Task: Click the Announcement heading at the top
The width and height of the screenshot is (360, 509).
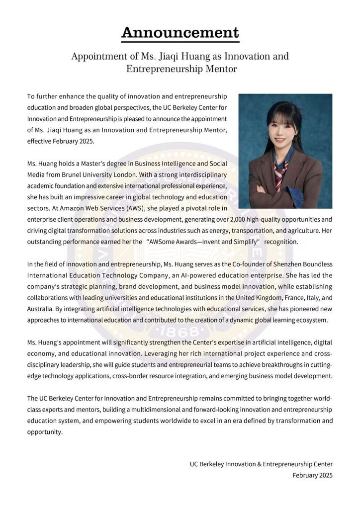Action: (180, 33)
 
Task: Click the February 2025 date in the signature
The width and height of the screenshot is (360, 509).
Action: (312, 475)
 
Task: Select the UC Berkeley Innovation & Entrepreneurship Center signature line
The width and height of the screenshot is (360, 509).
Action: (261, 464)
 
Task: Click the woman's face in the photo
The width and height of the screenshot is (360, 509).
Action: (283, 130)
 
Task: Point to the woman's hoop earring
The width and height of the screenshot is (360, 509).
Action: (267, 135)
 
